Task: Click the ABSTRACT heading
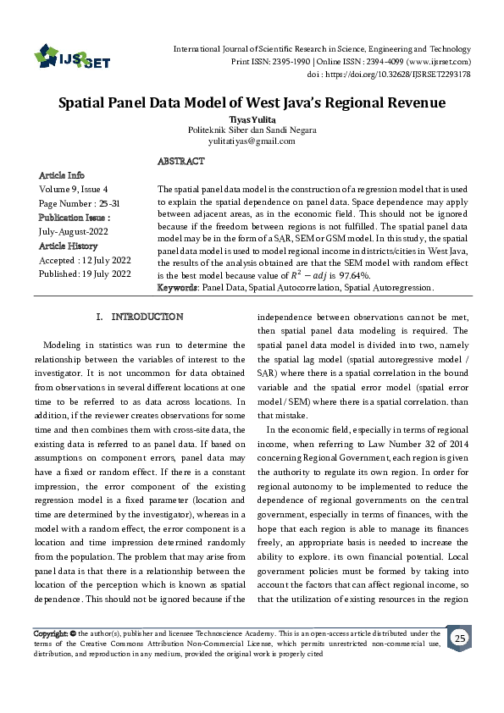click(x=180, y=161)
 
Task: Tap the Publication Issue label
click(x=75, y=218)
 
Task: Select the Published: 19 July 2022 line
click(x=85, y=274)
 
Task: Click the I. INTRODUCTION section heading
click(x=140, y=317)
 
